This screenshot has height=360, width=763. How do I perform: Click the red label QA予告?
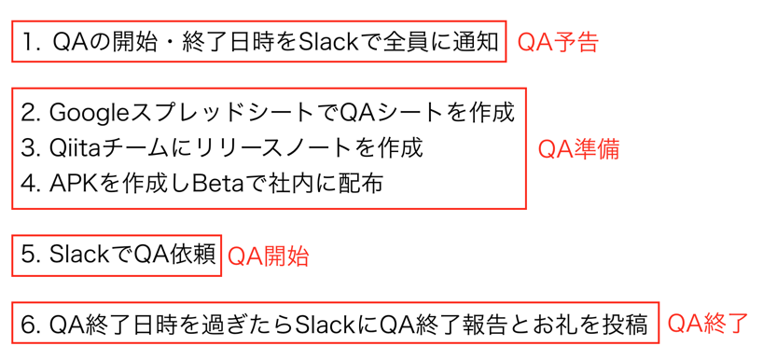[x=557, y=43]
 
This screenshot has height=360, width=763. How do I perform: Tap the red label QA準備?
[x=578, y=149]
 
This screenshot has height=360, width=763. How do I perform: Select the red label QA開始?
[x=269, y=256]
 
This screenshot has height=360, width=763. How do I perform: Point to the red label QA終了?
[x=707, y=324]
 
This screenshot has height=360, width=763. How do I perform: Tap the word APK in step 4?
[x=73, y=184]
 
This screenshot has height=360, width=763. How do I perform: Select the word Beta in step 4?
[x=216, y=184]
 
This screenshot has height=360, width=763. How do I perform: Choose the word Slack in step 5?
[x=79, y=255]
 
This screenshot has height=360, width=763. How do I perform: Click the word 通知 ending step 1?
[x=479, y=42]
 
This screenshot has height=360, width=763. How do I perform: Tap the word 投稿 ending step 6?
[x=627, y=325]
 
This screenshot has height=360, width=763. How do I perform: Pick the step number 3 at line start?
[x=28, y=148]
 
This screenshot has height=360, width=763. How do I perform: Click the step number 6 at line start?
[x=28, y=325]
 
